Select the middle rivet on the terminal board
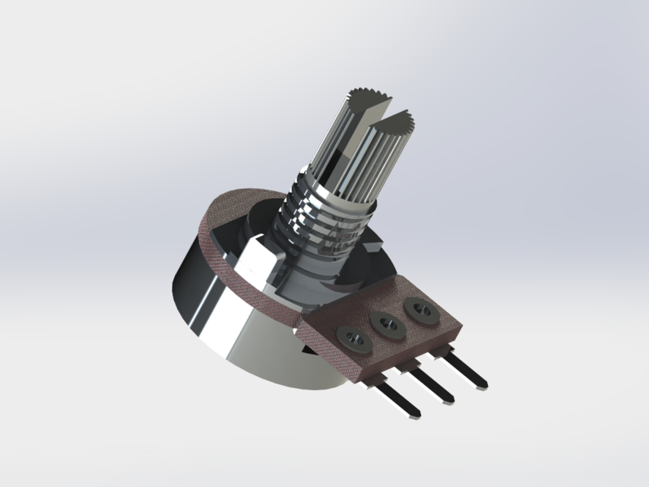point(388,323)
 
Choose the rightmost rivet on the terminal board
point(419,309)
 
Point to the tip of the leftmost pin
point(413,415)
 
